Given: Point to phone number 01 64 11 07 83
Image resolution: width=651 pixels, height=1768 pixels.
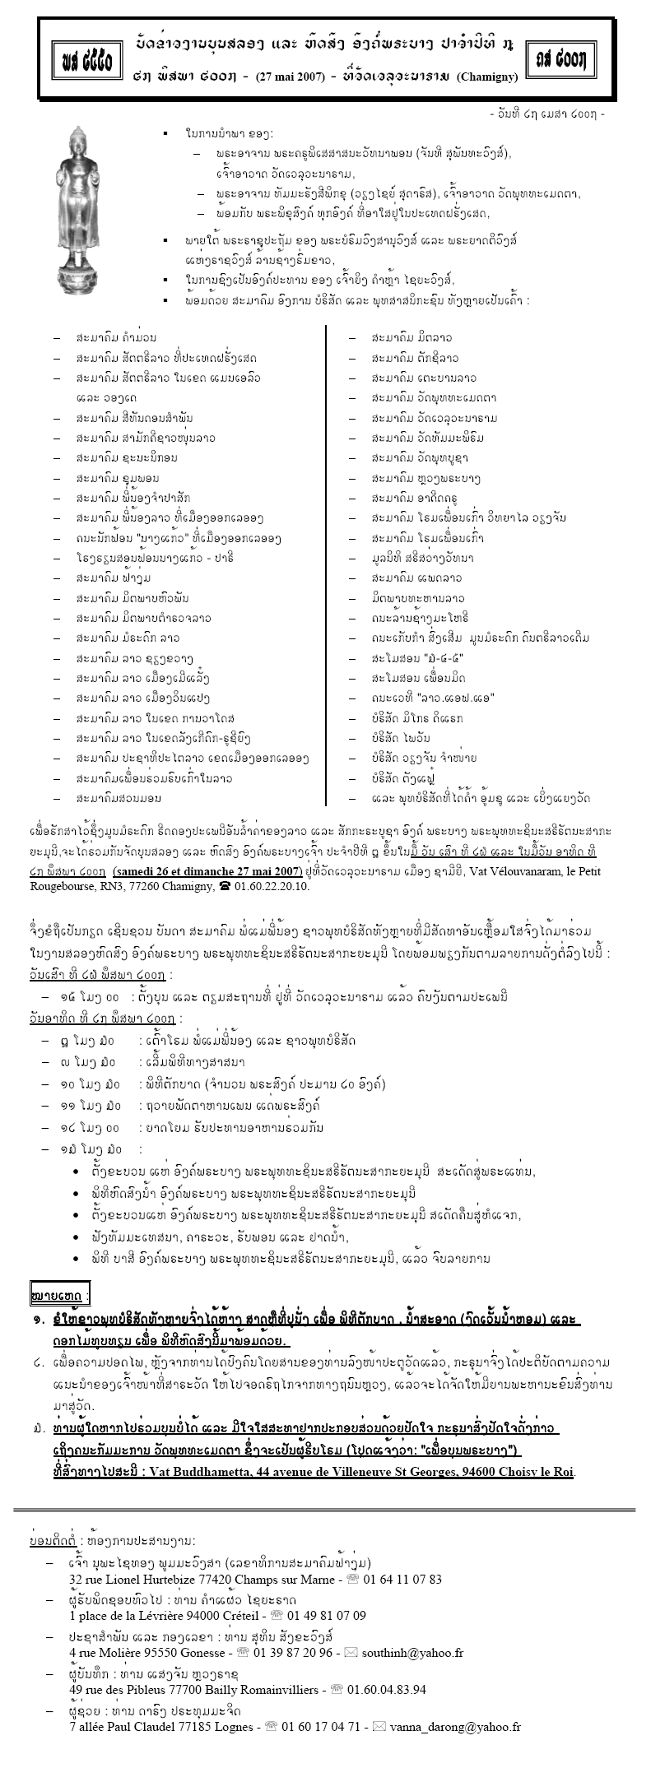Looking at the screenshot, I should [x=402, y=1579].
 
